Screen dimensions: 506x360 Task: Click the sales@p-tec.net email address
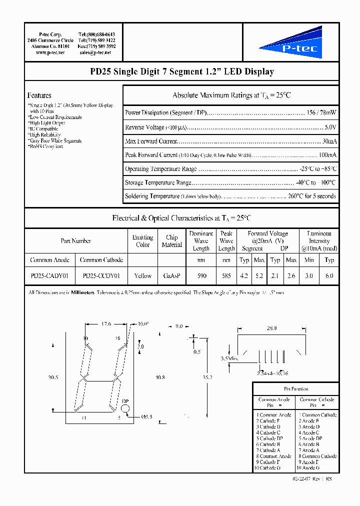95,52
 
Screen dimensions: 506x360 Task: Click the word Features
39,95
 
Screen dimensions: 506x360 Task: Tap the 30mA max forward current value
329,141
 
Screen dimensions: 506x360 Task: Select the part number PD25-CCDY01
101,275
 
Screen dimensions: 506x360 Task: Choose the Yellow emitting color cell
143,275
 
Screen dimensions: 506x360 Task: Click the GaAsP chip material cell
171,275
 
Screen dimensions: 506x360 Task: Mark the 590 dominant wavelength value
201,275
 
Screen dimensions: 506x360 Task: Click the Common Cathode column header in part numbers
101,260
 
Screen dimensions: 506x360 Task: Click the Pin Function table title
296,388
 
